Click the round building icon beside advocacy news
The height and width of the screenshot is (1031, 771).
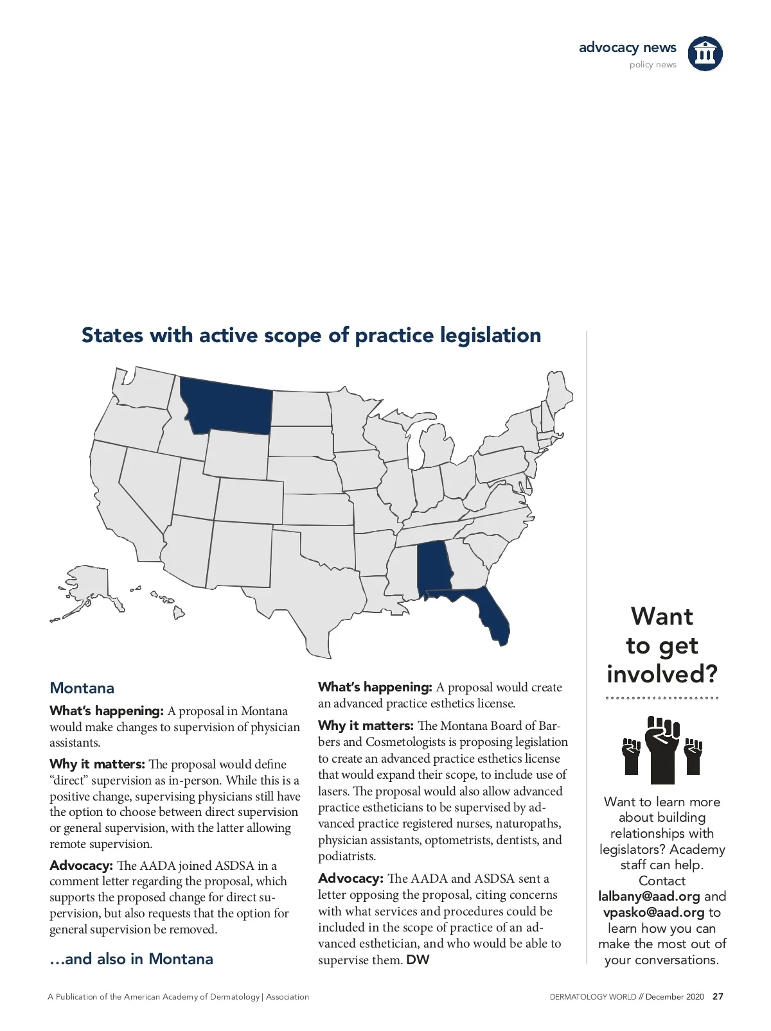point(705,53)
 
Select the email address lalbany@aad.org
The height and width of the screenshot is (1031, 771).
point(649,896)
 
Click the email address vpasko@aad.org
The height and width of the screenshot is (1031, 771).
point(653,912)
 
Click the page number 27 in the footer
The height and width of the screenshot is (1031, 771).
point(718,997)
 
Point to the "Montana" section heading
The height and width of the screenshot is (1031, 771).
point(82,688)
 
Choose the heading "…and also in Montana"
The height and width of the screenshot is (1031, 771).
point(131,959)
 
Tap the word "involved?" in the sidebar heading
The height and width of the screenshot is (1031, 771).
point(662,674)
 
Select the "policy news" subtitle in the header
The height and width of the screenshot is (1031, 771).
point(653,65)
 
